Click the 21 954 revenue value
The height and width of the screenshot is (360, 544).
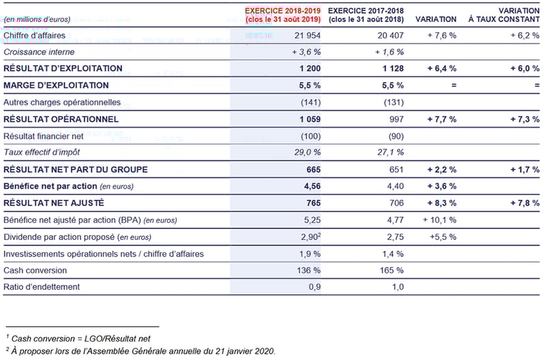click(307, 35)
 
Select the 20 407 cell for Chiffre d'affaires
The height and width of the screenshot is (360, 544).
click(391, 35)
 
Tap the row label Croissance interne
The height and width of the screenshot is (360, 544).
click(39, 52)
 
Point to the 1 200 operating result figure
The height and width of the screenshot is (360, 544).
click(310, 68)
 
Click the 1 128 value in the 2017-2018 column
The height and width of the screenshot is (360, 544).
click(393, 68)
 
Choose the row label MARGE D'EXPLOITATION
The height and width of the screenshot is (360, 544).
click(56, 85)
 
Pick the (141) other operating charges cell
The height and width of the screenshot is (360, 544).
click(310, 102)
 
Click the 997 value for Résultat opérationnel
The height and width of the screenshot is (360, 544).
click(396, 119)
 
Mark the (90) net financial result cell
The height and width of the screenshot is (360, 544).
click(396, 136)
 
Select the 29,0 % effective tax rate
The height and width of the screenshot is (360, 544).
click(307, 152)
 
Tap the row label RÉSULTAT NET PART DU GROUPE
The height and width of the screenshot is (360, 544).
click(76, 169)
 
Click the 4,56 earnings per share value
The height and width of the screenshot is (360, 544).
click(312, 186)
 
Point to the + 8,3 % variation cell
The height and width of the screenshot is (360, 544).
click(442, 203)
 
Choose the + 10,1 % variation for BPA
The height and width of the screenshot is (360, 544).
click(440, 220)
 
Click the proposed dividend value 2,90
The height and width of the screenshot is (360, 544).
click(309, 237)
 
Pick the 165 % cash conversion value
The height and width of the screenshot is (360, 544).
click(392, 270)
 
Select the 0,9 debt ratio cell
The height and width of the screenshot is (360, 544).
click(315, 287)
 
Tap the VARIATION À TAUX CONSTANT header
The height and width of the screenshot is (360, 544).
click(504, 15)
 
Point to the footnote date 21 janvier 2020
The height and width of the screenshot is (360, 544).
click(245, 351)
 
